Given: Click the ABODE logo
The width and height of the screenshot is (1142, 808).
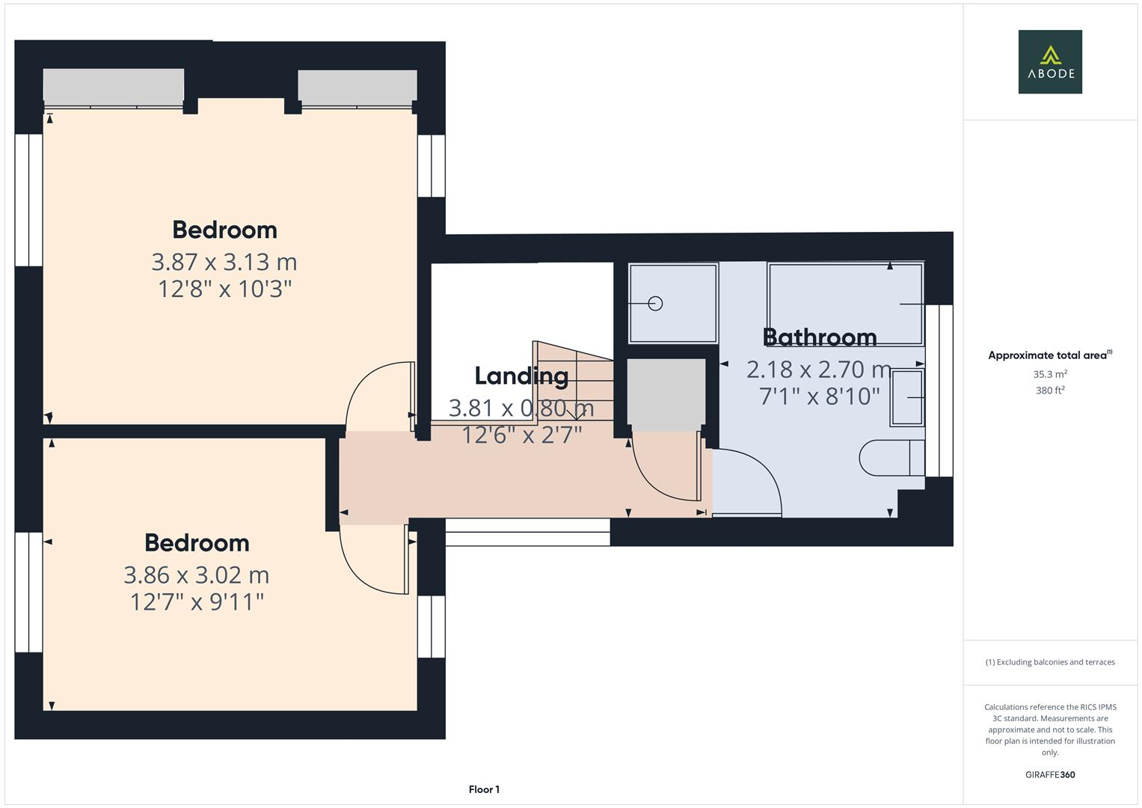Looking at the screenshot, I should [x=1049, y=61].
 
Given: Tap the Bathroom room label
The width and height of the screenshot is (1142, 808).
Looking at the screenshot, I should [x=820, y=337].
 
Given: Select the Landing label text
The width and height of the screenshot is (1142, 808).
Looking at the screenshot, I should [x=521, y=376].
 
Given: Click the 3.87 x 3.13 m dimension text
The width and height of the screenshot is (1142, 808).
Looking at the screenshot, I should [x=224, y=262].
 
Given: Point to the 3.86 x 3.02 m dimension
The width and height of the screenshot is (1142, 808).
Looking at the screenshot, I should [x=196, y=575].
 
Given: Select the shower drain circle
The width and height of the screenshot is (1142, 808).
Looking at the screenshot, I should [x=656, y=304].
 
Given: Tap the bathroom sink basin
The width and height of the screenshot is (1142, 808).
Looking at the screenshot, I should [x=907, y=398].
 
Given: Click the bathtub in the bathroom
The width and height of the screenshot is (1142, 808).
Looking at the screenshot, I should [x=845, y=303].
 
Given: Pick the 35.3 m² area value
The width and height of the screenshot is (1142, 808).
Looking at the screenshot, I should [x=1049, y=374].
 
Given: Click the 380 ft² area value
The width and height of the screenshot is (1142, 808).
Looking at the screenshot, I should [x=1049, y=391].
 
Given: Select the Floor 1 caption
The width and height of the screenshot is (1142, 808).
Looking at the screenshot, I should [x=484, y=789].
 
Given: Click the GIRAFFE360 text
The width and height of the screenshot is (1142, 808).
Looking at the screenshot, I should [x=1049, y=774].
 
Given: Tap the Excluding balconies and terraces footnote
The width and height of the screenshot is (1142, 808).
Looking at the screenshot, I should [x=1049, y=662].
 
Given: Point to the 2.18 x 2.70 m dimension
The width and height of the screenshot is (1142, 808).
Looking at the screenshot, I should [x=819, y=370].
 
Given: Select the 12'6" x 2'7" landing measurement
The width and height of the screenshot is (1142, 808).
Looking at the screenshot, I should [x=521, y=435].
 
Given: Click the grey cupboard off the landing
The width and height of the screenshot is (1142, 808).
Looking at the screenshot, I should [x=666, y=394].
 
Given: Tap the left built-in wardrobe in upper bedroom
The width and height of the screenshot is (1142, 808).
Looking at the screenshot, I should [x=114, y=87].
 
